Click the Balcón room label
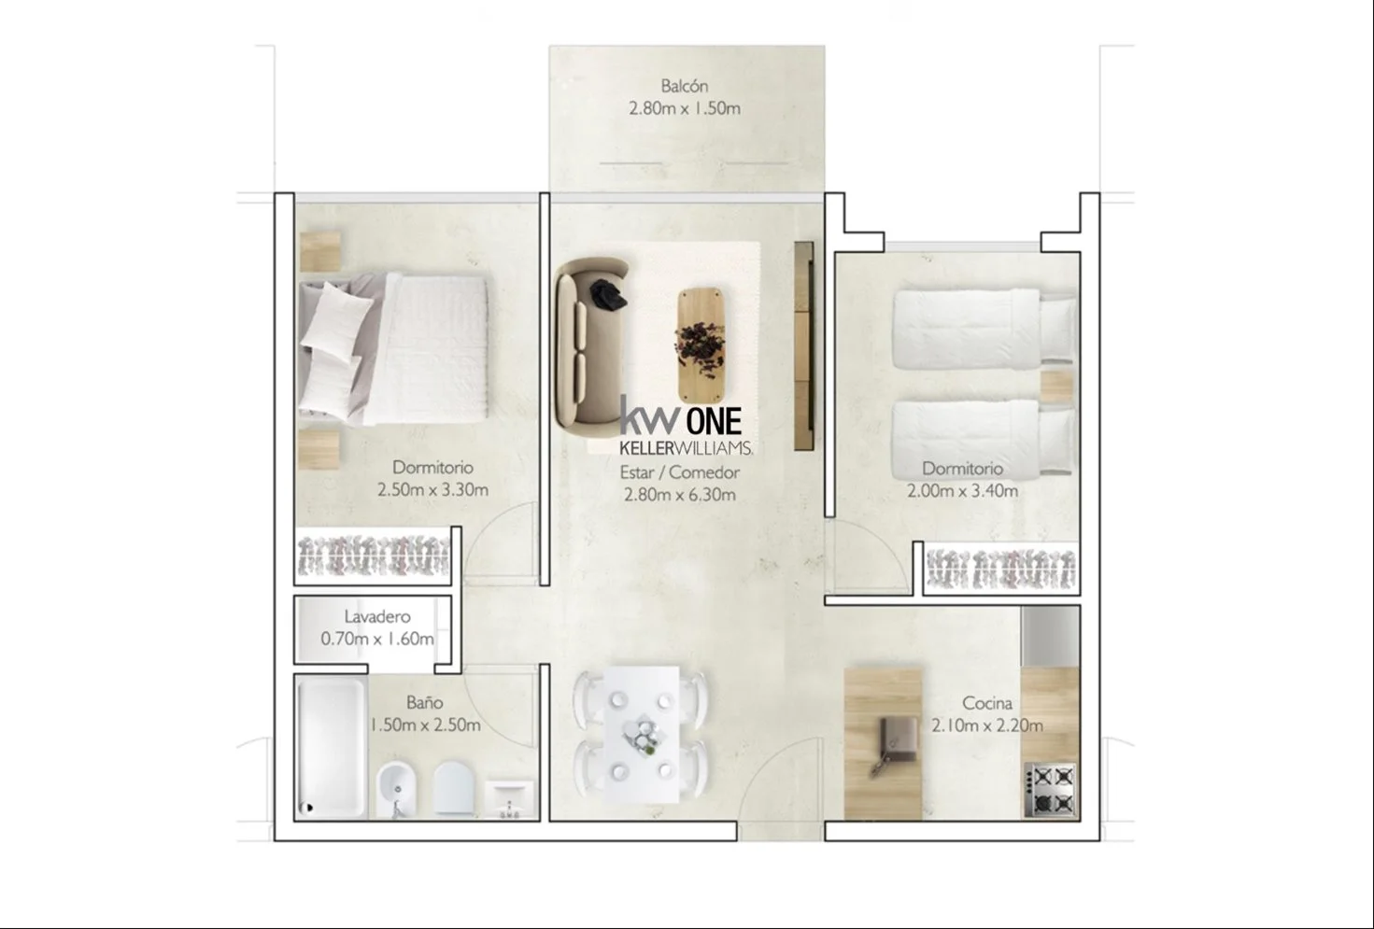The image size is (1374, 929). pyautogui.click(x=684, y=86)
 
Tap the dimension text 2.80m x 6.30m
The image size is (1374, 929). pyautogui.click(x=680, y=494)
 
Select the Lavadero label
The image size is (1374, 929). pyautogui.click(x=377, y=616)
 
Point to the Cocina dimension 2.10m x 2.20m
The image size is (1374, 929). pyautogui.click(x=987, y=725)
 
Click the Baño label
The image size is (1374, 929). pyautogui.click(x=424, y=702)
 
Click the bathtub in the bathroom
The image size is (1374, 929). pyautogui.click(x=332, y=748)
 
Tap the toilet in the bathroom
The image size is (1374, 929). pyautogui.click(x=454, y=789)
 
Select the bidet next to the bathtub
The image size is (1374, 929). pyautogui.click(x=397, y=789)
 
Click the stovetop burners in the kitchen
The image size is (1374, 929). pyautogui.click(x=1050, y=790)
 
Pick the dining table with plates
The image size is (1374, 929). pyautogui.click(x=641, y=734)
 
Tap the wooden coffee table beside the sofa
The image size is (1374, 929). pyautogui.click(x=701, y=345)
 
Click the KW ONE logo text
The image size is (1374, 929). pyautogui.click(x=682, y=419)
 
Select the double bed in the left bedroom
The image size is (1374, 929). pyautogui.click(x=393, y=349)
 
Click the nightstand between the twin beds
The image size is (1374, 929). pyautogui.click(x=1056, y=387)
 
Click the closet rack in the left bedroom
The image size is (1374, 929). pyautogui.click(x=374, y=556)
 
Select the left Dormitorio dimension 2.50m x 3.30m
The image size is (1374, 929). pyautogui.click(x=432, y=489)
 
